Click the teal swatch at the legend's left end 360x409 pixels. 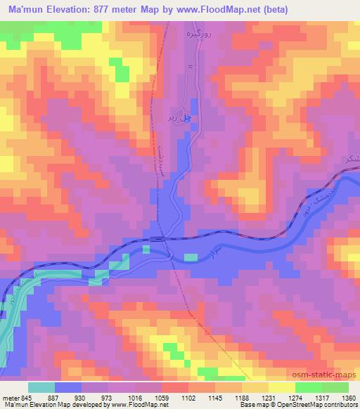point(41,387)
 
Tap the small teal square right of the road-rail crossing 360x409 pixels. point(191,257)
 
